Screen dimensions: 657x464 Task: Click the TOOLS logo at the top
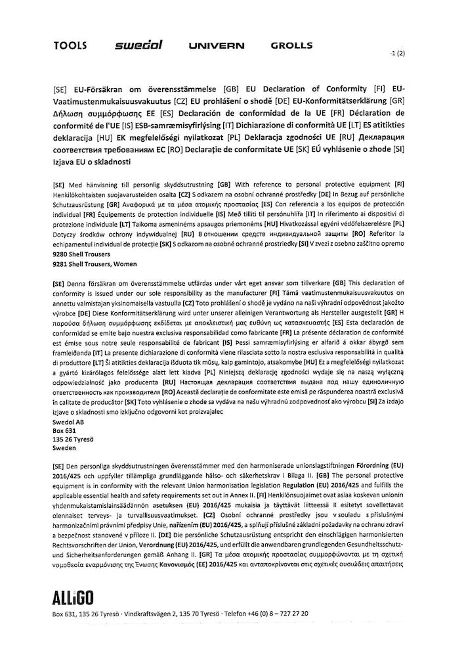click(68, 46)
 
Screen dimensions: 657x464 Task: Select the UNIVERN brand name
click(216, 47)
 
